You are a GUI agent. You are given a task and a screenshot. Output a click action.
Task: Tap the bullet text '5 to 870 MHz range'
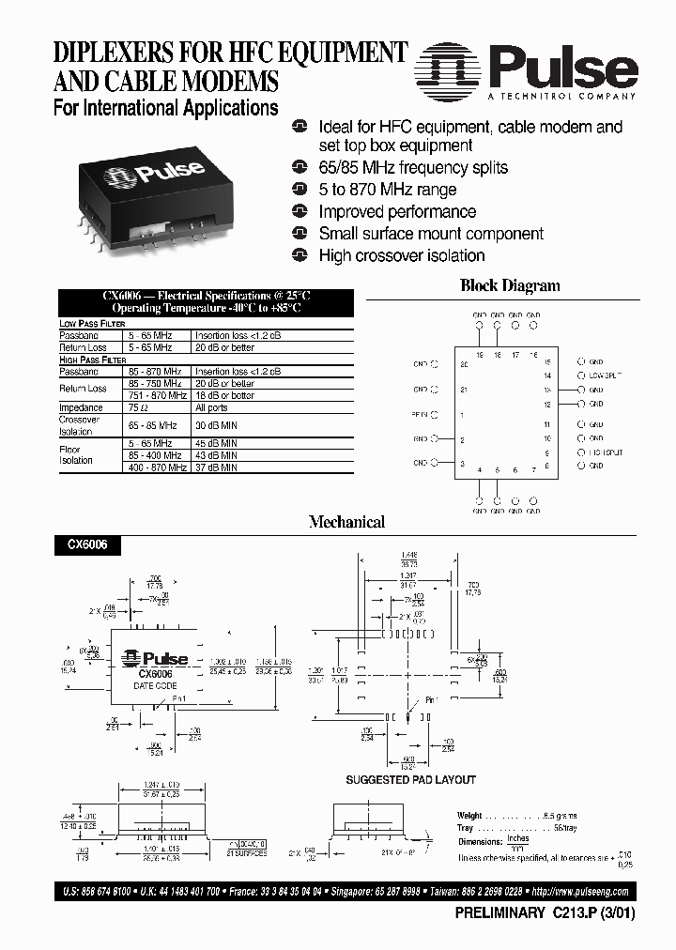387,190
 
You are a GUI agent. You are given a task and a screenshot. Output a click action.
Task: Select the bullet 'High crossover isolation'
401,255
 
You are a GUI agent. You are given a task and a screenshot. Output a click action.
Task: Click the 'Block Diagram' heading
509,286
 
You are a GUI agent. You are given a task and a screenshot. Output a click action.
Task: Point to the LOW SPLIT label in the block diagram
606,375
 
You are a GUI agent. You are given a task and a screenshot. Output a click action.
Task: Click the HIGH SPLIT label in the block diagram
606,452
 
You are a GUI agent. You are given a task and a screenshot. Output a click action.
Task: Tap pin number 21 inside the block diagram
463,389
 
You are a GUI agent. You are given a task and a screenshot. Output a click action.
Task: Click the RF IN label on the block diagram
420,414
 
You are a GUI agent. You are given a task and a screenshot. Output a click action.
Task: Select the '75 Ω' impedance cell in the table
138,408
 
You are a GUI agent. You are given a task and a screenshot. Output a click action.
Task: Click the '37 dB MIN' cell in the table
216,467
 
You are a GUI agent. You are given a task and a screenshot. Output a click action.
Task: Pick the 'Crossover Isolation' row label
79,425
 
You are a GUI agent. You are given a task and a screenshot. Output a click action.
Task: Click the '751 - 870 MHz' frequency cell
158,396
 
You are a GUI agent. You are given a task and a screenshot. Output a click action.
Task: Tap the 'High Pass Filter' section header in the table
93,360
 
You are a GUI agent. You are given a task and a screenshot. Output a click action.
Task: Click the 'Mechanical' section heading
347,522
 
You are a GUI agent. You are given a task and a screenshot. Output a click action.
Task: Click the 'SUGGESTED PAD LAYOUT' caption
410,779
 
